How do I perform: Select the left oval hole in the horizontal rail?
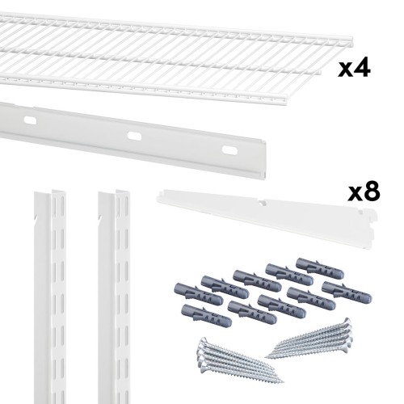(30, 120)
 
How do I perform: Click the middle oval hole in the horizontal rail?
(134, 136)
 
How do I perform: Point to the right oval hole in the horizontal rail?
(229, 150)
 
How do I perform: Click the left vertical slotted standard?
(50, 297)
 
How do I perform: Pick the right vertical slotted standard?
(114, 297)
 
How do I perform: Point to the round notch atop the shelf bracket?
(261, 203)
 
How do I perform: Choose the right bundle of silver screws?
(309, 339)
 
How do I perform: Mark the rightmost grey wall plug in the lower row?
(347, 292)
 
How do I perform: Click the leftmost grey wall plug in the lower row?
(206, 315)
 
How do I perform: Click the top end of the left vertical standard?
(50, 191)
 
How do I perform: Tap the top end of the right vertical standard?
(114, 191)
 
